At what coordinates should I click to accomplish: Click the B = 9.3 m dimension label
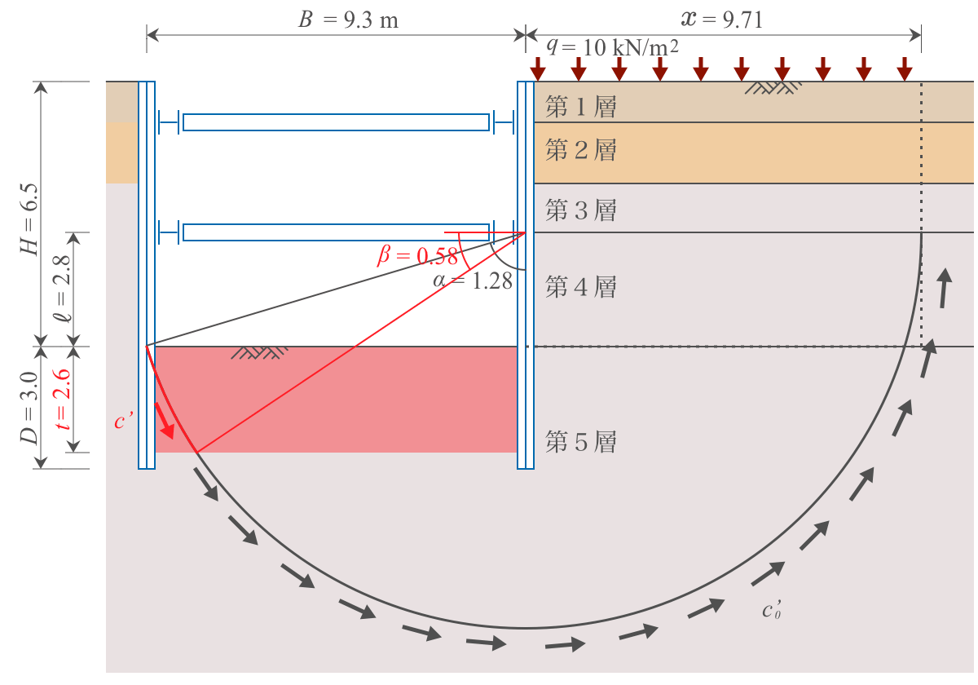coord(348,20)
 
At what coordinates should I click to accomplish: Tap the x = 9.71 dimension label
coord(722,20)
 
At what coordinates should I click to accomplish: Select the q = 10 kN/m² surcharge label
coord(613,46)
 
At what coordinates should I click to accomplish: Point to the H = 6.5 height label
coord(29,219)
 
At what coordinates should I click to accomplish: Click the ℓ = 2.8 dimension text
coord(62,289)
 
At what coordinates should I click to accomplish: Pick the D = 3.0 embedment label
coord(29,408)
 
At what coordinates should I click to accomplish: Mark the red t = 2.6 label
coord(61,400)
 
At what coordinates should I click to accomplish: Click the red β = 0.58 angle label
coord(417,255)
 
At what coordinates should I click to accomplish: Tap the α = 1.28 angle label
coord(473,281)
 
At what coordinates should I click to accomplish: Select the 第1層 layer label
coord(580,106)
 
